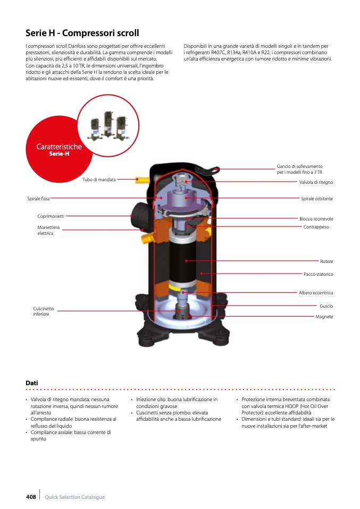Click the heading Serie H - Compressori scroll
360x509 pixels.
82,33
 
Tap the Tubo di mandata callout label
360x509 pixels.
99,180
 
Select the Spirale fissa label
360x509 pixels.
38,199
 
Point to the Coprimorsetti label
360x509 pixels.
51,216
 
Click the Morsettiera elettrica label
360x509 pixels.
48,230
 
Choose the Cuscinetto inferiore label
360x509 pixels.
44,311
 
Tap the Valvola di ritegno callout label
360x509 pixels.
316,182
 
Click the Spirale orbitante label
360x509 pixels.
317,199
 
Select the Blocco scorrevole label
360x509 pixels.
316,219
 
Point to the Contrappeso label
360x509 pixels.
316,227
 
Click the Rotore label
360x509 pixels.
326,261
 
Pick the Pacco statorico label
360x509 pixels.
319,274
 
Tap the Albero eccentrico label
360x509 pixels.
316,292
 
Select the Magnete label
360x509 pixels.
324,317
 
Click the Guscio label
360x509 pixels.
326,306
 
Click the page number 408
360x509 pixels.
31,497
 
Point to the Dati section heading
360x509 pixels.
32,383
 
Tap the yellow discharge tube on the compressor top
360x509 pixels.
142,180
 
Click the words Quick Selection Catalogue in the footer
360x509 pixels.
75,497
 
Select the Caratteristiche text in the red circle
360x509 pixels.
59,147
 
